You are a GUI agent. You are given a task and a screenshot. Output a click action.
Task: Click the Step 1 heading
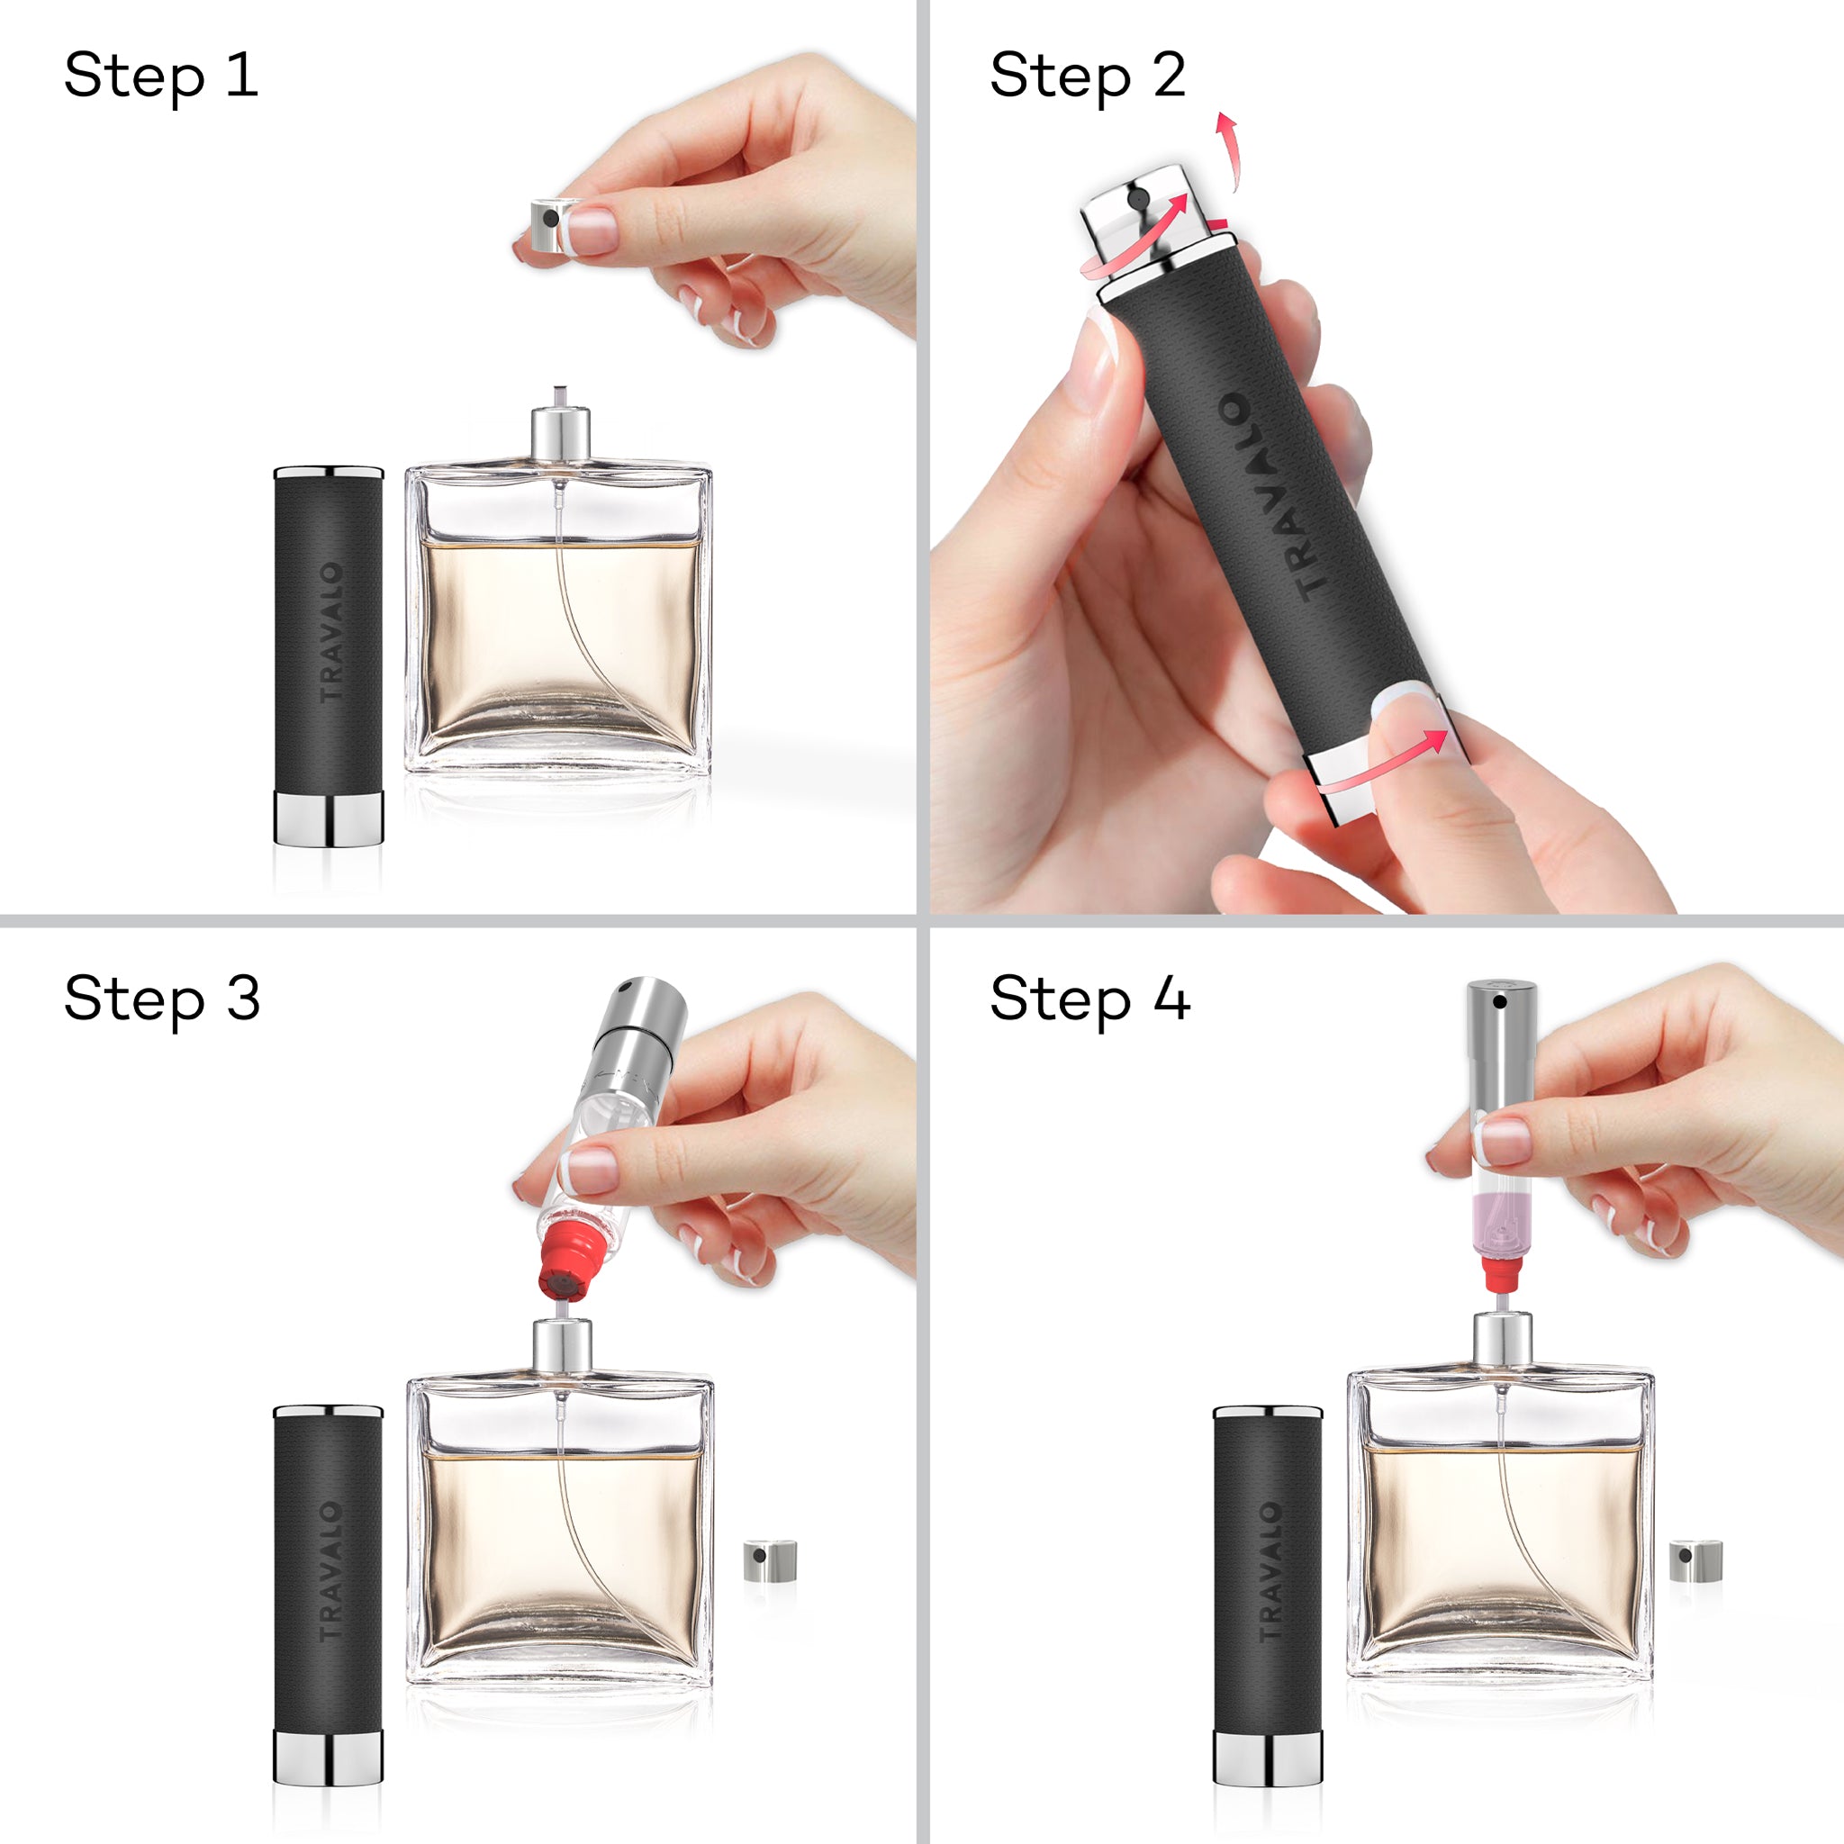(x=160, y=77)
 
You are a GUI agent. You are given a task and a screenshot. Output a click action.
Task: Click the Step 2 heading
(x=1087, y=77)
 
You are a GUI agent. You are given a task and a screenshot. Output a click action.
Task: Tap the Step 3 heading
(x=161, y=1000)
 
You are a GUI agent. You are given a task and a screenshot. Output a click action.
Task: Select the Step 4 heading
(x=1089, y=1000)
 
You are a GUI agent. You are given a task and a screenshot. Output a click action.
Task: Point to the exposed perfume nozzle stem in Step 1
(x=559, y=397)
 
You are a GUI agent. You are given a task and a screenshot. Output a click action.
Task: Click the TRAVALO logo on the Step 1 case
(x=330, y=632)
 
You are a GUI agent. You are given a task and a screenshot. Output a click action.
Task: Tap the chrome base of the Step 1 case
(x=329, y=817)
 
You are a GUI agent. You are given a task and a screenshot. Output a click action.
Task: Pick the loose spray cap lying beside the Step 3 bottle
(x=769, y=1559)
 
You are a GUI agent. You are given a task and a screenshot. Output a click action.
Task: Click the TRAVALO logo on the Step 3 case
(x=330, y=1571)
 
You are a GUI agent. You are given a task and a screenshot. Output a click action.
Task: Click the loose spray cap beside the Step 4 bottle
(x=1695, y=1559)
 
